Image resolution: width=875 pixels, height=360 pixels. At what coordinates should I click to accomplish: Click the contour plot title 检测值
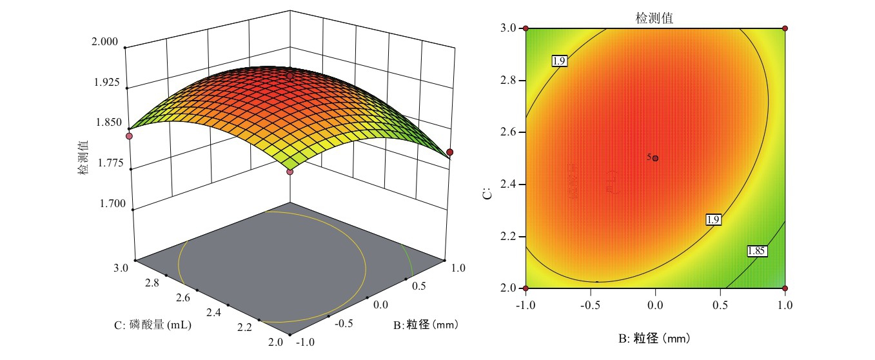654,18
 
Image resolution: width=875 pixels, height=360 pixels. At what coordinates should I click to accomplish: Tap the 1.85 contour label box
756,251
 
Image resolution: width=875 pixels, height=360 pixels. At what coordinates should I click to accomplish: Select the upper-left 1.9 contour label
559,61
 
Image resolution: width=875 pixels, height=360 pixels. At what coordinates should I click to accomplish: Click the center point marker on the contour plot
656,158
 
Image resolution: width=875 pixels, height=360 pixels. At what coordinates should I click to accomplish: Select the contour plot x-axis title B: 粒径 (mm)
655,336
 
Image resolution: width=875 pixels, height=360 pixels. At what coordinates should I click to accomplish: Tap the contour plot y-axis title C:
489,192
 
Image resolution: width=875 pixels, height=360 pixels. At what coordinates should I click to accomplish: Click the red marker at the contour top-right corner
785,28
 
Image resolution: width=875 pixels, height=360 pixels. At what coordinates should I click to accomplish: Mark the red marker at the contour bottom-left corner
526,288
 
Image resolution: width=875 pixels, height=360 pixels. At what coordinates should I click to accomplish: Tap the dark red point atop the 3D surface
290,76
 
